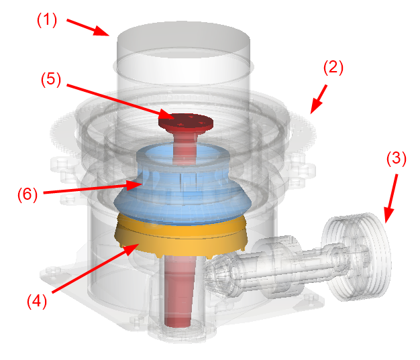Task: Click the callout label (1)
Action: (47, 20)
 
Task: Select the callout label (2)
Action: (333, 68)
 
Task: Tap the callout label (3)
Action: (396, 158)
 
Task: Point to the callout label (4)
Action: (37, 301)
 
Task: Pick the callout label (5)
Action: (51, 79)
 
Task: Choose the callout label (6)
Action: (28, 194)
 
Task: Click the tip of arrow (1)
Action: (109, 35)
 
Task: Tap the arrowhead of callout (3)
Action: (386, 223)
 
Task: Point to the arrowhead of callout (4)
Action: (139, 244)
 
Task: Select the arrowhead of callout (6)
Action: (142, 184)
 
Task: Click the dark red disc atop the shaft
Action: (186, 121)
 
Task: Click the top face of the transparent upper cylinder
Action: (183, 40)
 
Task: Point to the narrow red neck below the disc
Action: (185, 147)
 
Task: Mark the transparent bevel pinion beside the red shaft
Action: (219, 274)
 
